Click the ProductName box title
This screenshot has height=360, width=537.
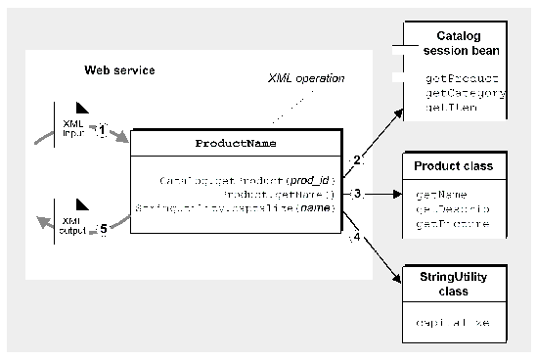tap(235, 143)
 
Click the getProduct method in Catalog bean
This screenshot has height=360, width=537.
tap(463, 77)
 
